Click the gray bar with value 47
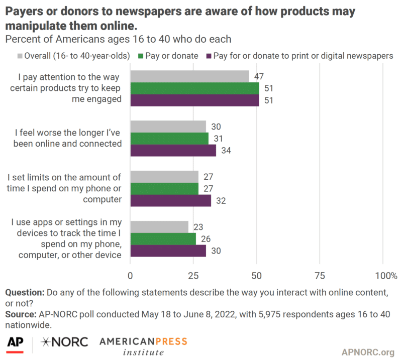(x=189, y=76)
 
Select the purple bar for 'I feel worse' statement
(x=173, y=150)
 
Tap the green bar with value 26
(x=163, y=238)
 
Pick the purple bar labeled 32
(x=170, y=200)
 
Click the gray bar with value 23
(x=159, y=226)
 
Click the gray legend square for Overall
(x=20, y=56)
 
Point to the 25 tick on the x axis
(x=193, y=275)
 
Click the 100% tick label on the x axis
(x=386, y=275)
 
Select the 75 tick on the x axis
(x=320, y=275)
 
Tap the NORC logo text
(x=64, y=342)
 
